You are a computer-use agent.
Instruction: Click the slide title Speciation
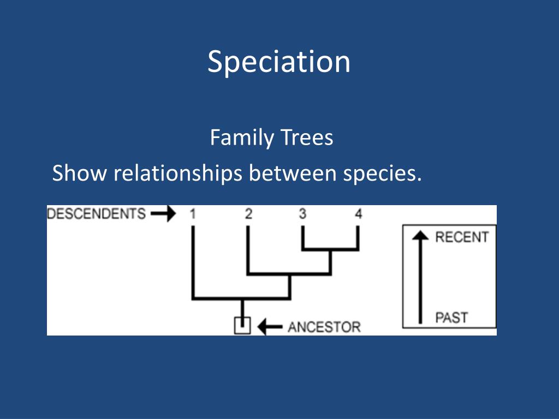[279, 62]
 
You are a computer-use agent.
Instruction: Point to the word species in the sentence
[382, 175]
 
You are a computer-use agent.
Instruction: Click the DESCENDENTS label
[97, 213]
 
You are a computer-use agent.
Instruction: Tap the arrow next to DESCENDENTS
[163, 213]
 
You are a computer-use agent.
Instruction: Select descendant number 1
[193, 214]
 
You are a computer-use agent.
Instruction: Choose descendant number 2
[248, 214]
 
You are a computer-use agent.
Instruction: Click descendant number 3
[302, 214]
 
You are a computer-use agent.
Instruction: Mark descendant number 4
[358, 214]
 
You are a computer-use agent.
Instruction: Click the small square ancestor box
[242, 326]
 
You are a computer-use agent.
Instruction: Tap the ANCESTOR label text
[324, 327]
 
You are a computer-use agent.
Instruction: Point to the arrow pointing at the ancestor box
[269, 327]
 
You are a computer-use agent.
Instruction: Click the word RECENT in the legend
[462, 237]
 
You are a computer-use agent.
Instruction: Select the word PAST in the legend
[451, 317]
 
